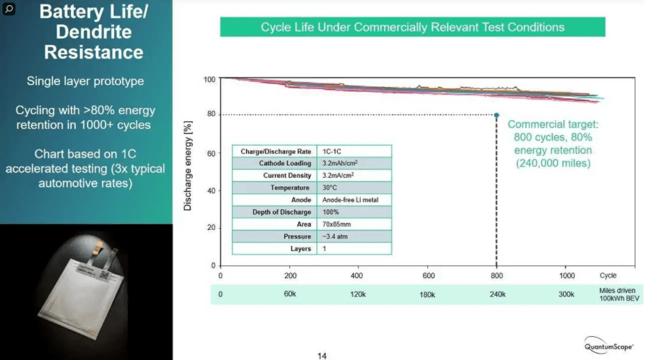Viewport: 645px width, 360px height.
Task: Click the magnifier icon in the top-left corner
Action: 9,9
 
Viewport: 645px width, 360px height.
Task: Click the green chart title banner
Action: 412,27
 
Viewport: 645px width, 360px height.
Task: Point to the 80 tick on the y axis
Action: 210,115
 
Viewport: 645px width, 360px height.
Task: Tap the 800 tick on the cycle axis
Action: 496,276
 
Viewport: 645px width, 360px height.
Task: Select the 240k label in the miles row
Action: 496,294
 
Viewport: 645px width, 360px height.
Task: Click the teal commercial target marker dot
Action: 496,115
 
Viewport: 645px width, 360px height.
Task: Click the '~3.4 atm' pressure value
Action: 336,236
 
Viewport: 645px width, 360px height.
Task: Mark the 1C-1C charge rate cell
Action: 333,151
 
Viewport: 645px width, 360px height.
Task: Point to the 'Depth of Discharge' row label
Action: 282,212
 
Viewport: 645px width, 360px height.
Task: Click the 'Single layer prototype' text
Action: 85,82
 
